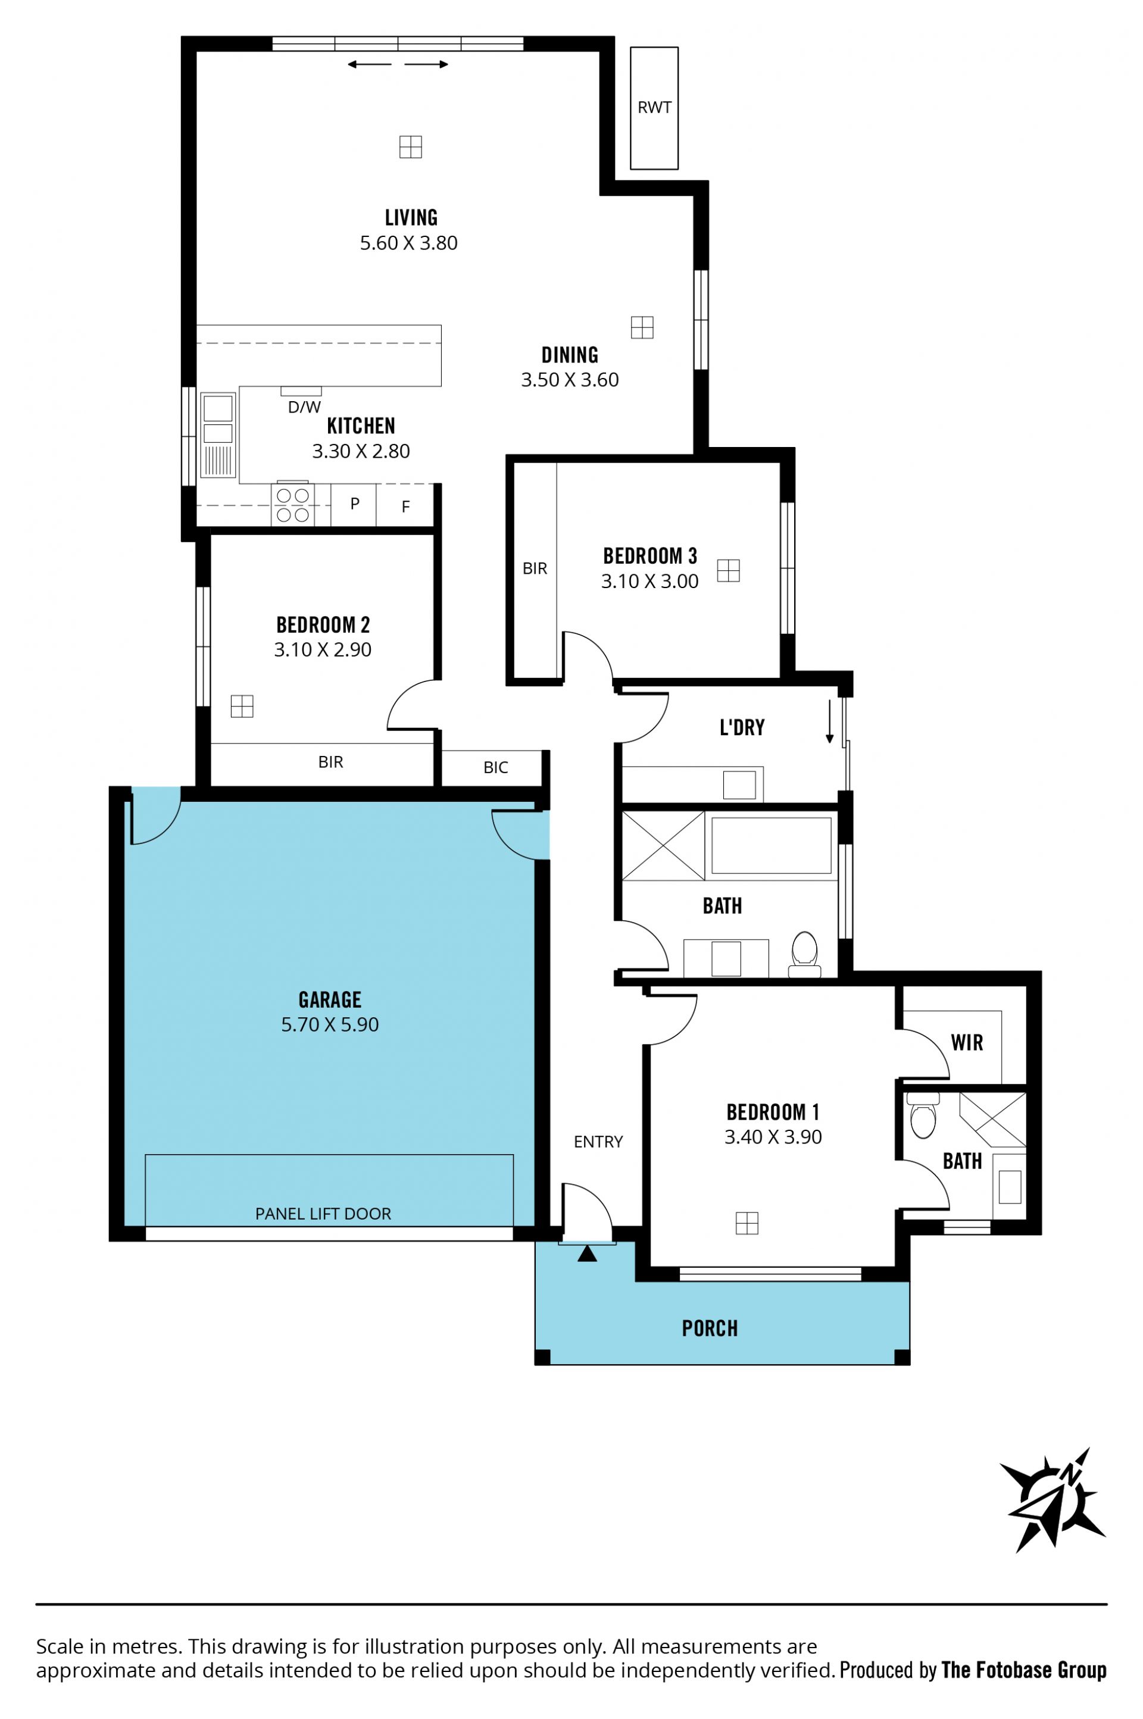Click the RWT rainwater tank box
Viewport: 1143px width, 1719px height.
(654, 108)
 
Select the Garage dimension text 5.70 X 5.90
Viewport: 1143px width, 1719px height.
(330, 1024)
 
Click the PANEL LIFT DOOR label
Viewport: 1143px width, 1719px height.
(323, 1213)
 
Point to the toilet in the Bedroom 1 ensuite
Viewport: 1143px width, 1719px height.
(923, 1115)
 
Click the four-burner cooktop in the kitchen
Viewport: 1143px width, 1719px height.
(292, 504)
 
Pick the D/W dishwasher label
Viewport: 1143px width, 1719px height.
(304, 407)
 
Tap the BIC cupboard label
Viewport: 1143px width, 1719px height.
(496, 767)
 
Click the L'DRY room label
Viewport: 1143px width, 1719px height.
(742, 727)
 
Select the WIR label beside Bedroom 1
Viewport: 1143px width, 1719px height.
(967, 1043)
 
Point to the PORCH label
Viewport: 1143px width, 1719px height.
(710, 1329)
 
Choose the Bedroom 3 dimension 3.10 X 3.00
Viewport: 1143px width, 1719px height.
(649, 582)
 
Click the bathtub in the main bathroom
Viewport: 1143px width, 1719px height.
(772, 845)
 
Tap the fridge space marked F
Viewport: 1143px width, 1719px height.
(406, 507)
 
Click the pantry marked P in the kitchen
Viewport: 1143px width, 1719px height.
(354, 504)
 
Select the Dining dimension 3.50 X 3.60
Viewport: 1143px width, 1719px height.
(570, 380)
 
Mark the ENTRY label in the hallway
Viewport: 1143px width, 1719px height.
(598, 1142)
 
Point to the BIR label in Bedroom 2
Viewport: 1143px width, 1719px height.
(330, 762)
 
